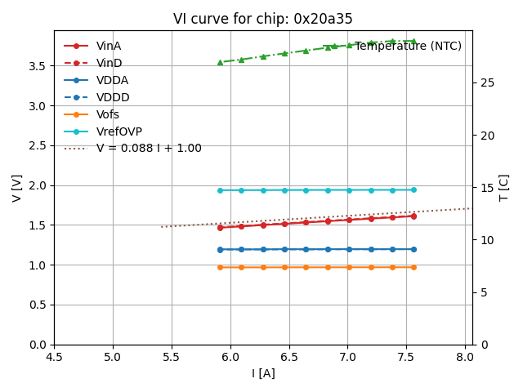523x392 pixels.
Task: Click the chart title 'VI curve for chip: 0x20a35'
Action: pos(262,19)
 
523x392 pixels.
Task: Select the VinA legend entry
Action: pos(109,46)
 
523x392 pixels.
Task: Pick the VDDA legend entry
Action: pos(112,80)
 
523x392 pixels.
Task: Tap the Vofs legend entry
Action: pos(108,114)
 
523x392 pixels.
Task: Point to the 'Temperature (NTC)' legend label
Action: pos(408,46)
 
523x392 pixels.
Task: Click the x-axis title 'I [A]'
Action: pos(263,373)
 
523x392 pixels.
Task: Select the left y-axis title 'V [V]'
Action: pos(16,188)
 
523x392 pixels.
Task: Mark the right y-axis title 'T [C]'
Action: pos(504,188)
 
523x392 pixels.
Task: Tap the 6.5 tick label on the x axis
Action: pos(289,357)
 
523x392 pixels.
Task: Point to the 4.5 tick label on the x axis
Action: pos(55,357)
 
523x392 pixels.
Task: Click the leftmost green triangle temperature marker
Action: pos(220,62)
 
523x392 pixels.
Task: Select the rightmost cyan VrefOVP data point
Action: pos(413,189)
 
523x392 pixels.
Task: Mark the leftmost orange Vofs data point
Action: pos(220,267)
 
